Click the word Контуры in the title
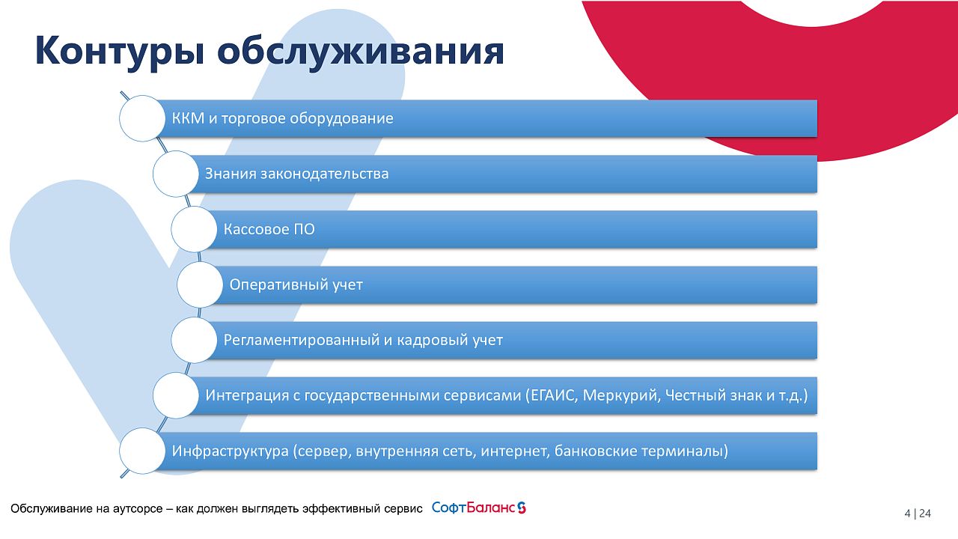click(119, 52)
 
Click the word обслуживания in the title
click(361, 52)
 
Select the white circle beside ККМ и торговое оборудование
click(142, 118)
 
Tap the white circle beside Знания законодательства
click(176, 174)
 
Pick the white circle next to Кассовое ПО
click(194, 229)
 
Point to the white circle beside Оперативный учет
click(200, 285)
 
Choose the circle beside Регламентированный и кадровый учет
click(194, 340)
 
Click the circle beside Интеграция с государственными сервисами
click(176, 395)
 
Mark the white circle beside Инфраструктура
click(142, 451)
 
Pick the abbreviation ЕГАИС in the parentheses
click(552, 395)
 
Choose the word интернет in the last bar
click(515, 451)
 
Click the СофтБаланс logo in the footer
click(479, 508)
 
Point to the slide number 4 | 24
click(918, 514)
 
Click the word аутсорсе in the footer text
click(138, 508)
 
